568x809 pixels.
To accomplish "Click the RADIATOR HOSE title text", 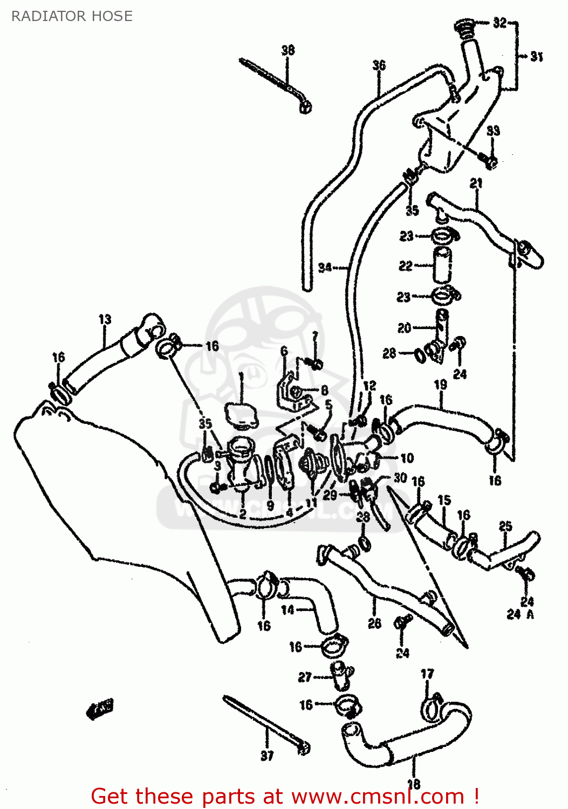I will pyautogui.click(x=72, y=16).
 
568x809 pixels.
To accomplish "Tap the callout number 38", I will pyautogui.click(x=288, y=50).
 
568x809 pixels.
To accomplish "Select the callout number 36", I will pyautogui.click(x=379, y=65).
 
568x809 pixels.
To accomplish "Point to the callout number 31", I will pyautogui.click(x=536, y=56).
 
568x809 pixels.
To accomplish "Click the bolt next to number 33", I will pyautogui.click(x=490, y=159).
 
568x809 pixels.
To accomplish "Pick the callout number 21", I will pyautogui.click(x=476, y=183).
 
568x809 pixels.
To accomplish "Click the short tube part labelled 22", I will pyautogui.click(x=442, y=265).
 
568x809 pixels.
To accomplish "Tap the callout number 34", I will pyautogui.click(x=325, y=267).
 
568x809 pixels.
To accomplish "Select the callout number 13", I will pyautogui.click(x=105, y=319).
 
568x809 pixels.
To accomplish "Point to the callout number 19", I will pyautogui.click(x=440, y=385).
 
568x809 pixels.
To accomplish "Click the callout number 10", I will pyautogui.click(x=407, y=458).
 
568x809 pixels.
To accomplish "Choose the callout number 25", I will pyautogui.click(x=505, y=526).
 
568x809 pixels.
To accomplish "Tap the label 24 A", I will pyautogui.click(x=520, y=614).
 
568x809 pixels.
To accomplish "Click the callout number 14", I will pyautogui.click(x=288, y=609).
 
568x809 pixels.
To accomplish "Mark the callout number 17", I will pyautogui.click(x=427, y=674).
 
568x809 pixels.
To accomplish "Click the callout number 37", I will pyautogui.click(x=267, y=756).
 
